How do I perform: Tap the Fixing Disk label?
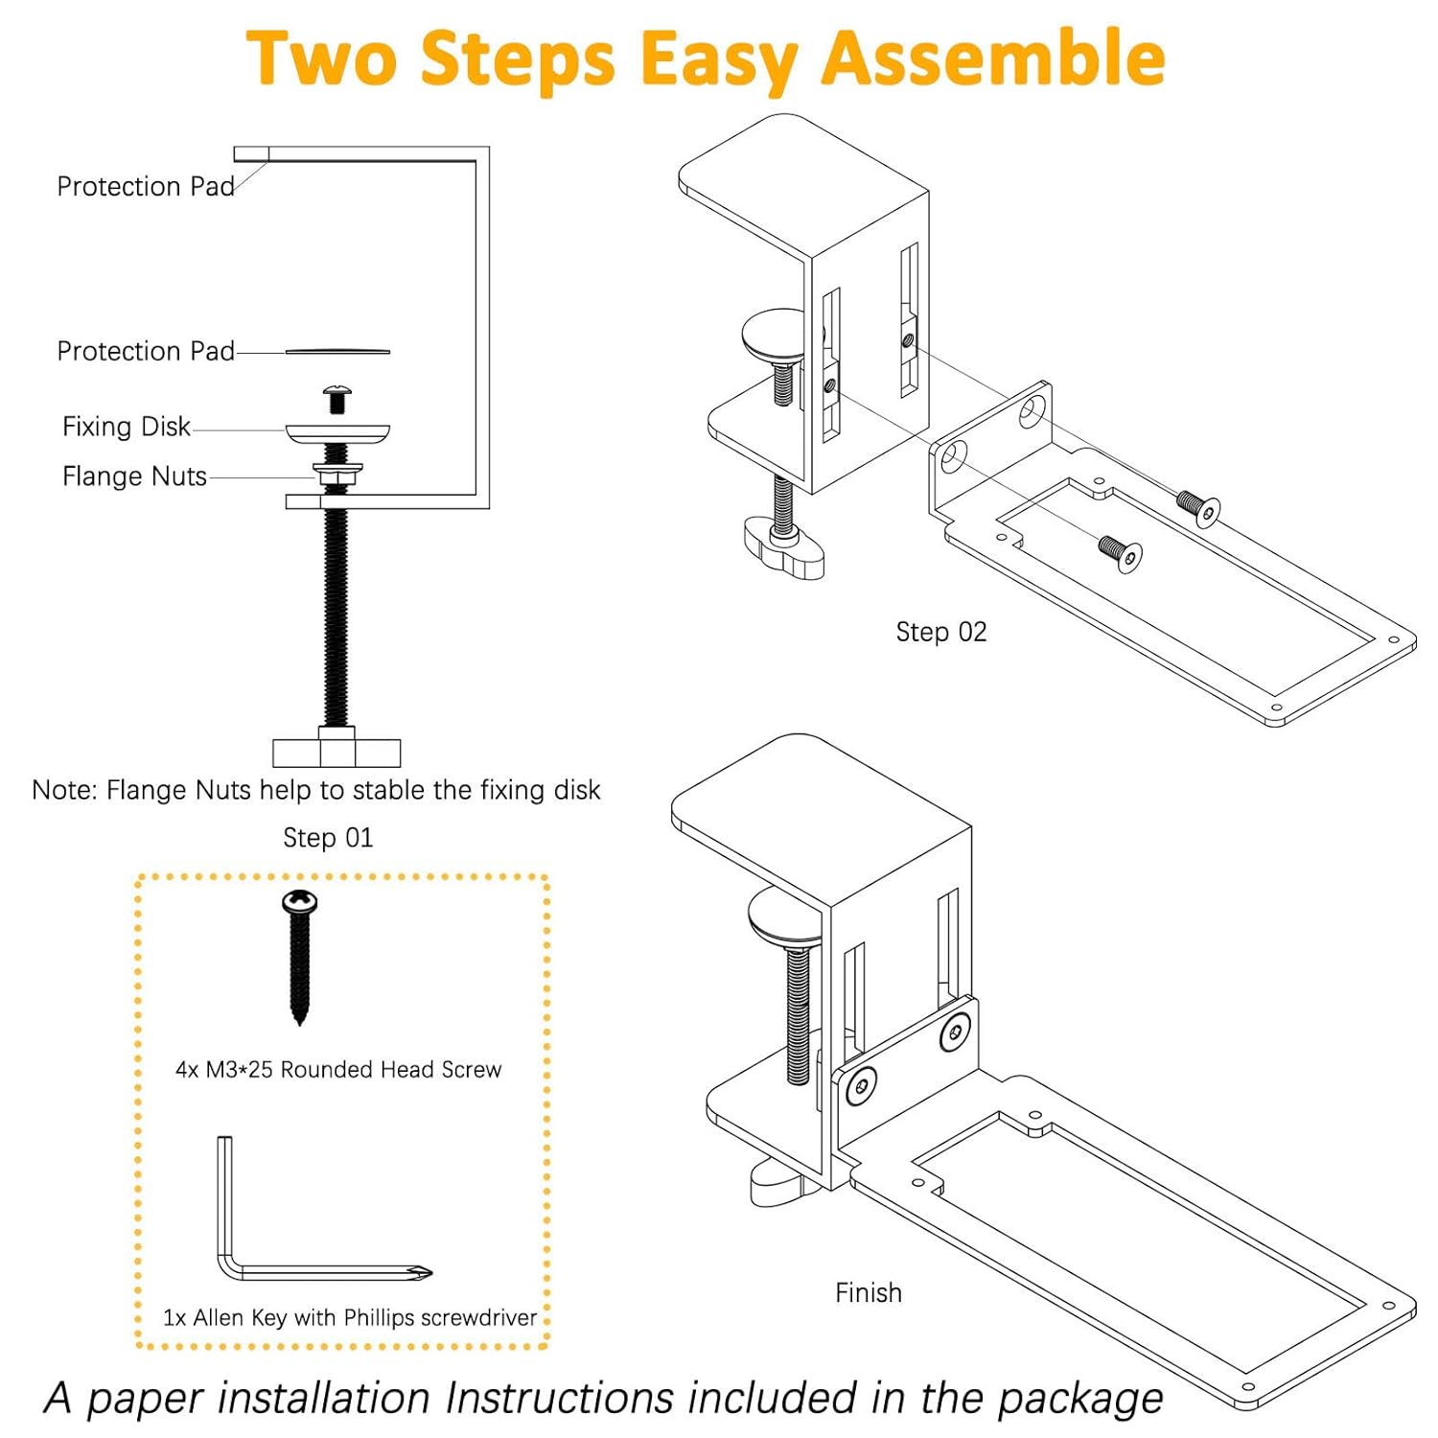[126, 427]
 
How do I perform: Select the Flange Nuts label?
[134, 476]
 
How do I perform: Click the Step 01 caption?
[328, 838]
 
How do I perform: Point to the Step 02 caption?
[940, 632]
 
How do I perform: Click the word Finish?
[868, 1292]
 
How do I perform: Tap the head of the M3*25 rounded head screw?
[299, 901]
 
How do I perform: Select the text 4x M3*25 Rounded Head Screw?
[337, 1070]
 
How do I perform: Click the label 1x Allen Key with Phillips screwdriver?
[350, 1318]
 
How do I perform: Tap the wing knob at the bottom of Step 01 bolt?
[336, 751]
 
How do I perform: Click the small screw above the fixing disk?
[336, 397]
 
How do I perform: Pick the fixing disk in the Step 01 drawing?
[337, 433]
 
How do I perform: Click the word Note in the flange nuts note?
[63, 790]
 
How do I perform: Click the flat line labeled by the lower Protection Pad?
[337, 352]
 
